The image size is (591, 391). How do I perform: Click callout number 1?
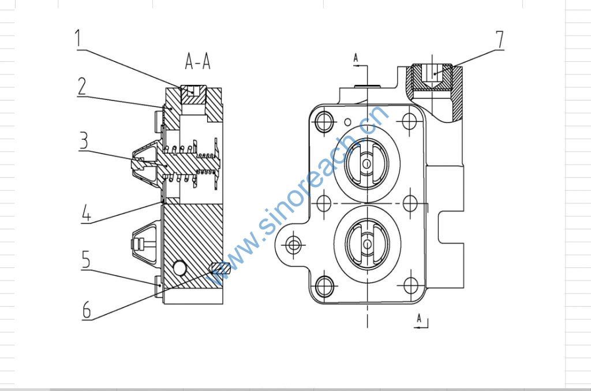80,38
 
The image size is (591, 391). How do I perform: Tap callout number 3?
84,140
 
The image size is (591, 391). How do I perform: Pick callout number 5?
85,259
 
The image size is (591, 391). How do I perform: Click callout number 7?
499,39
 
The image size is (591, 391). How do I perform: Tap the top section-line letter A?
356,57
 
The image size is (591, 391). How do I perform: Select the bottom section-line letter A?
420,317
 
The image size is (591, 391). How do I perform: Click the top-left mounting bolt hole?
324,122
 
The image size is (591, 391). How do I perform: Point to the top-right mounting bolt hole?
410,122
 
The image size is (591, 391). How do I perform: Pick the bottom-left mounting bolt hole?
324,284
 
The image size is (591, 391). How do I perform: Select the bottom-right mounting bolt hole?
410,284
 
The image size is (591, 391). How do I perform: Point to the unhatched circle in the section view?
179,267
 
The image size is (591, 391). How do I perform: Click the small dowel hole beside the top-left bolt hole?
347,121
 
